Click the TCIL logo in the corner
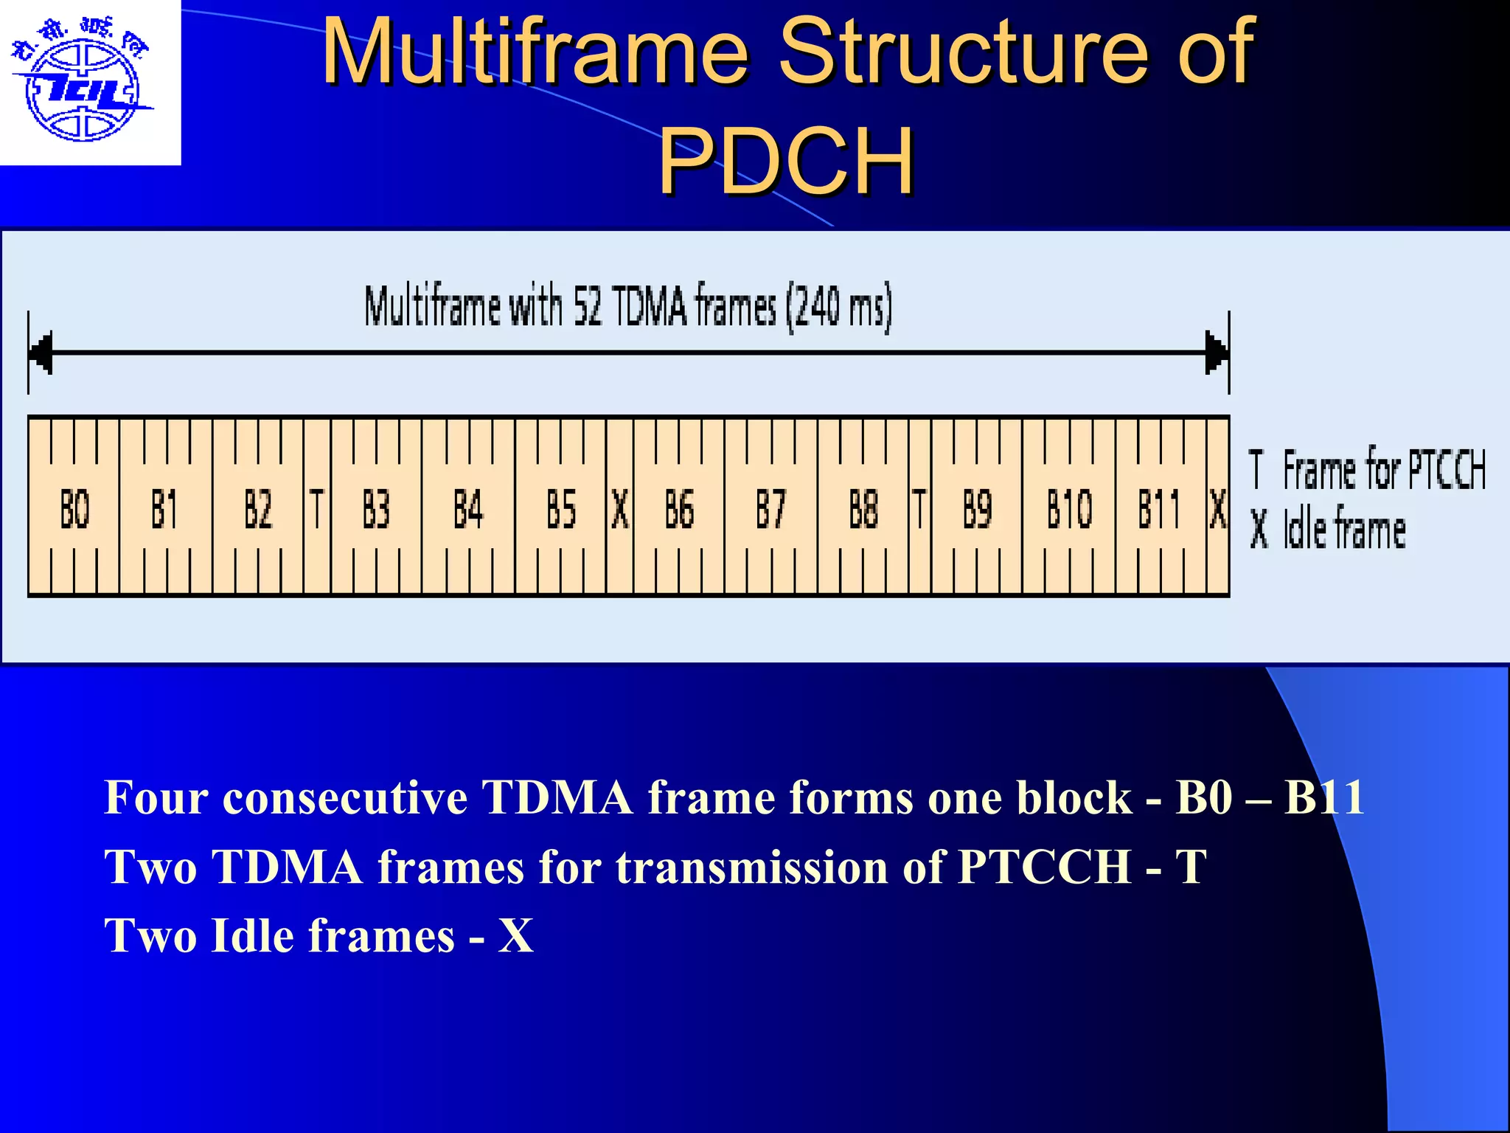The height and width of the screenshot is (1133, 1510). click(x=83, y=83)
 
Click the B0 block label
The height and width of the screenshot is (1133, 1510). click(x=74, y=508)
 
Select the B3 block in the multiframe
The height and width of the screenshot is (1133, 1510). click(x=376, y=508)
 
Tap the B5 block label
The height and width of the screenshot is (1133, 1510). click(x=560, y=508)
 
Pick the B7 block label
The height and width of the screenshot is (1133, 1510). click(x=770, y=508)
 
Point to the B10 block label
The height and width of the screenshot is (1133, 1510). click(x=1069, y=508)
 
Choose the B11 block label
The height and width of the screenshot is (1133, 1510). click(x=1159, y=508)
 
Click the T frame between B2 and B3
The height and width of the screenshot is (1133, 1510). click(x=317, y=508)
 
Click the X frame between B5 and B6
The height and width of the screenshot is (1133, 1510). click(x=620, y=508)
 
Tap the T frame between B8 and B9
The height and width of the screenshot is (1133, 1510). click(x=919, y=508)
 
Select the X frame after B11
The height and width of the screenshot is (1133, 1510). click(x=1218, y=508)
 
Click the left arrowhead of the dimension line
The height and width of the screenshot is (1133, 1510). click(x=41, y=353)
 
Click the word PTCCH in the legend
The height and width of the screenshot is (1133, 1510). click(x=1447, y=469)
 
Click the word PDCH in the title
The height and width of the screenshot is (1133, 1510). click(x=786, y=160)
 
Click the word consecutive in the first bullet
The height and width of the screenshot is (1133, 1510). click(x=345, y=797)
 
